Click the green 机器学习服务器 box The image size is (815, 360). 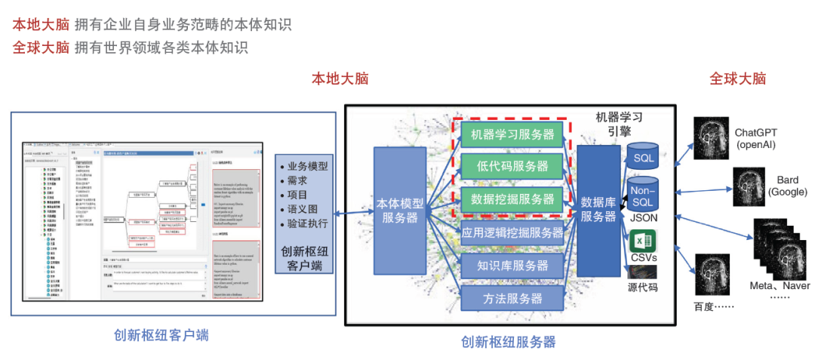(512, 135)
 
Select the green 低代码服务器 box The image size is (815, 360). (512, 167)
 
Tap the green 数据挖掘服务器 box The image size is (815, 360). (512, 199)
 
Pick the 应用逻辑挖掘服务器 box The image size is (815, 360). (512, 232)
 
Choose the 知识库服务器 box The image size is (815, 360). (512, 265)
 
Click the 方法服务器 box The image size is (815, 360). (512, 297)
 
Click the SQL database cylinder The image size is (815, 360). (643, 156)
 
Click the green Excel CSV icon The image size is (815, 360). (643, 242)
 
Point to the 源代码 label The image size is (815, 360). (643, 288)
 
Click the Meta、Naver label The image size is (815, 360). (779, 286)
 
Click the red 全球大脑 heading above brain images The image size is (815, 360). (737, 78)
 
